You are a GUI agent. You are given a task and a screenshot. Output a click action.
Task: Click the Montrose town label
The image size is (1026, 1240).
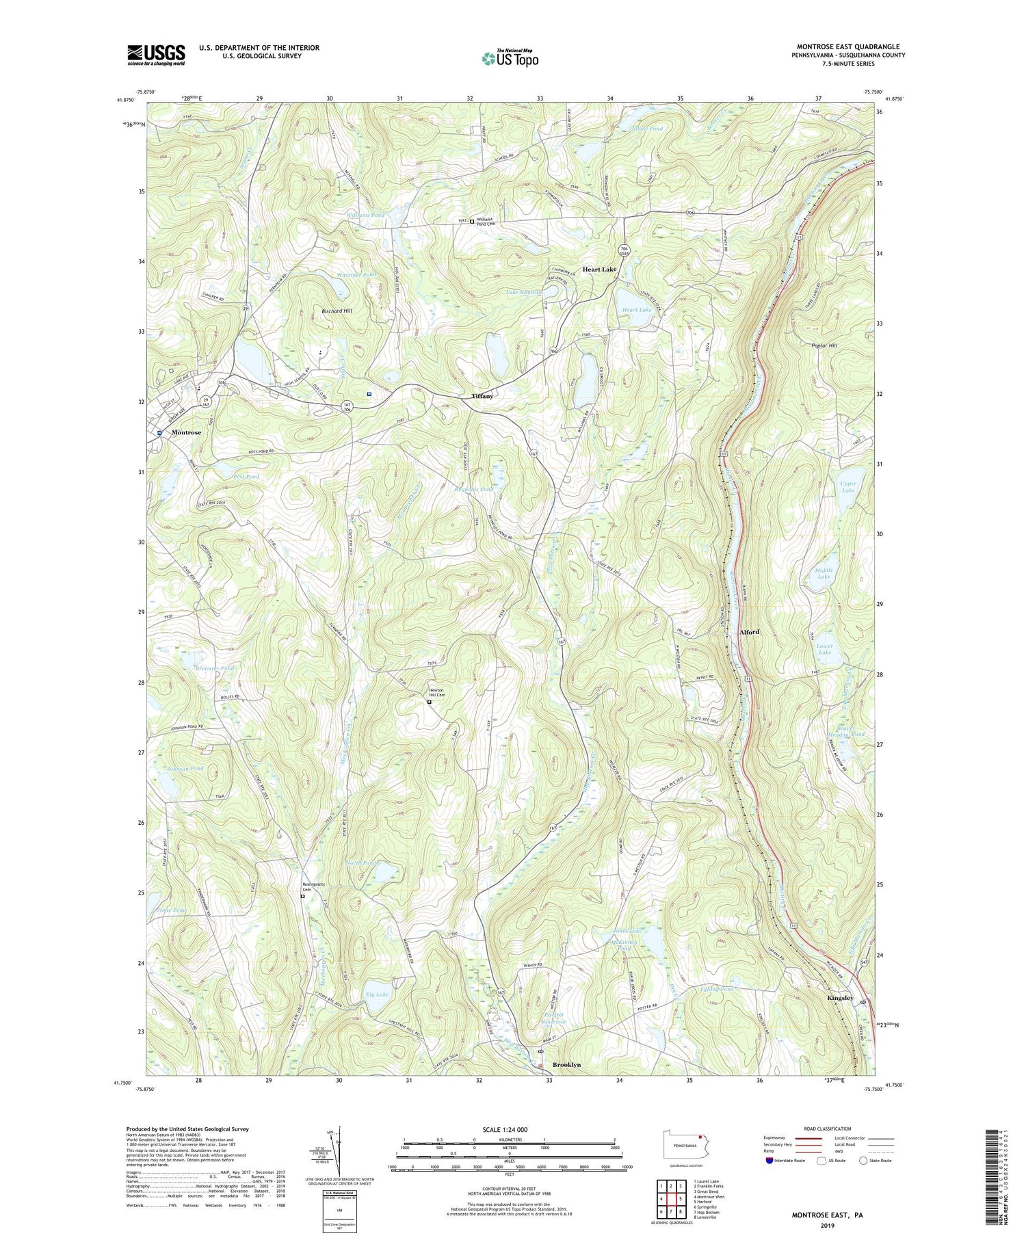tap(186, 432)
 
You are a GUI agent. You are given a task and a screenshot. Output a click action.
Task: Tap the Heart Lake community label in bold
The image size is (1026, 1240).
tap(599, 269)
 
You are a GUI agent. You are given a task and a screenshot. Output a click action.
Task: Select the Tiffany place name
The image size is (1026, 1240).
tap(482, 396)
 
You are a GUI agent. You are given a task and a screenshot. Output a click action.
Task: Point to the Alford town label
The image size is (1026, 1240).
tap(749, 632)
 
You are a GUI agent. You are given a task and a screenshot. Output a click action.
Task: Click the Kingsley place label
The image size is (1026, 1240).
tap(840, 998)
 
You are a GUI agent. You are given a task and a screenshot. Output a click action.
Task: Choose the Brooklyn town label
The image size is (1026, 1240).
tap(566, 1065)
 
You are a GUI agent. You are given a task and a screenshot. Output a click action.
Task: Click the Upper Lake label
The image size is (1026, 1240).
tap(848, 486)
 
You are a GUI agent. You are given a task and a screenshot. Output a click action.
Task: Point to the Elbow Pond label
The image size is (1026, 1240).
tap(647, 129)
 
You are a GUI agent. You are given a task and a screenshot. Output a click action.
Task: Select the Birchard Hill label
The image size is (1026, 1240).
tap(337, 311)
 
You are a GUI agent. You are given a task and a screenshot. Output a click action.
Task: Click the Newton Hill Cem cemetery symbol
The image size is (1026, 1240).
tap(430, 702)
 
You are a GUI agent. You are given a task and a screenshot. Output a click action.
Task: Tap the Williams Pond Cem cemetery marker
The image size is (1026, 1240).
tap(472, 220)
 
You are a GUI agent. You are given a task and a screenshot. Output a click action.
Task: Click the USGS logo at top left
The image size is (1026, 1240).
tap(156, 55)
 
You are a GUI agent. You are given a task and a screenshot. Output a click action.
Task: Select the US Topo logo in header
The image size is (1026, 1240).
tap(510, 58)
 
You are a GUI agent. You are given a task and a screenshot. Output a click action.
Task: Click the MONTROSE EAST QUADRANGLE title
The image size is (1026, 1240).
tap(847, 47)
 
